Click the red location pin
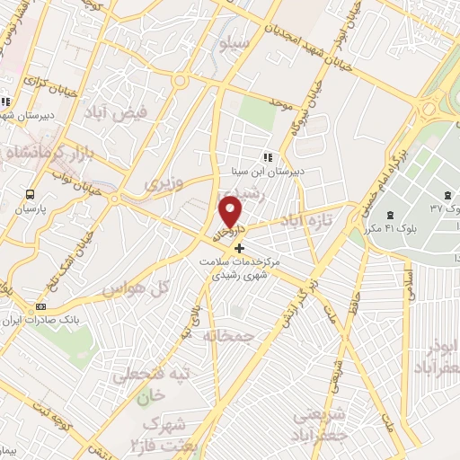[x=231, y=211]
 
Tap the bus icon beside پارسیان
[x=31, y=193]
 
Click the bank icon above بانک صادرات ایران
[x=40, y=306]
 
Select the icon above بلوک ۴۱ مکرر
[x=390, y=215]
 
